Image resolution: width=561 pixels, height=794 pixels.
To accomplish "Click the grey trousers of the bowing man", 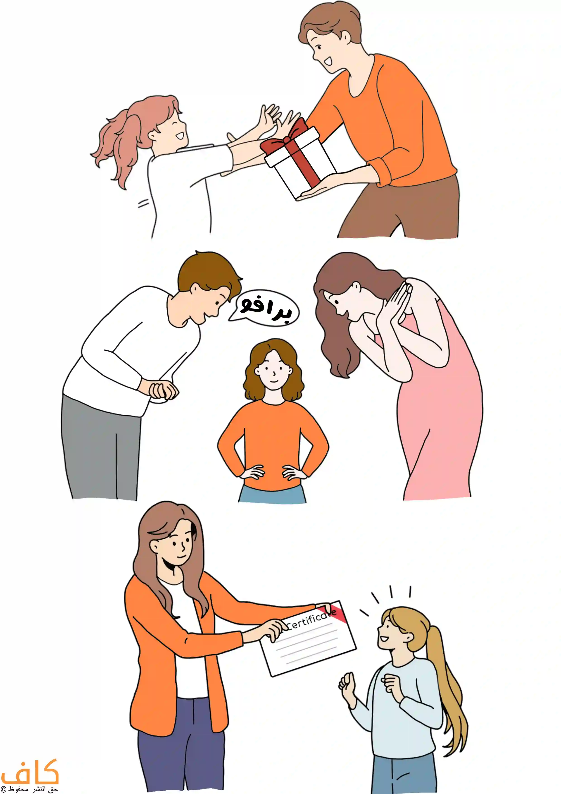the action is tap(100, 450).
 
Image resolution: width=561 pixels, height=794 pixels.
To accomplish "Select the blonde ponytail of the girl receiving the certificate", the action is tap(446, 692).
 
